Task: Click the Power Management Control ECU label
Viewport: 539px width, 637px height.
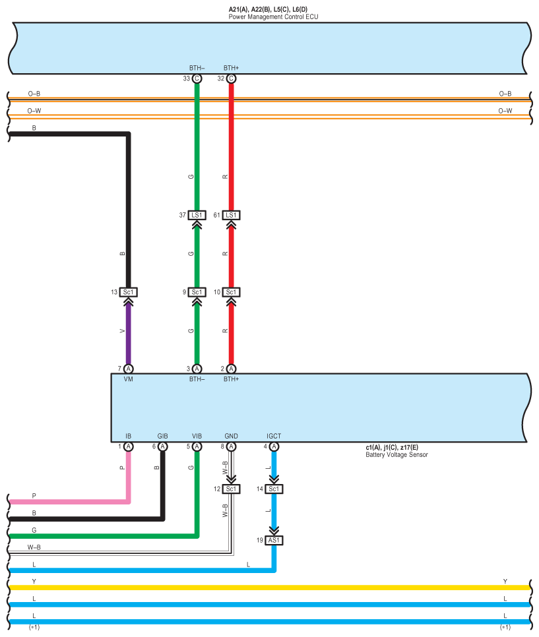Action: click(273, 16)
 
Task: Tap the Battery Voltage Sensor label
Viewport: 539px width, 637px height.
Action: click(396, 454)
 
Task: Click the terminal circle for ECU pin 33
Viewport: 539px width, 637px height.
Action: click(197, 78)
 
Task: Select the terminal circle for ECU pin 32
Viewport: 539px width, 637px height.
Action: click(231, 78)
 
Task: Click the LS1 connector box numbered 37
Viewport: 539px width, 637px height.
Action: click(197, 215)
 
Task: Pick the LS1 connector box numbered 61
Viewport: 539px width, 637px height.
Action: click(231, 215)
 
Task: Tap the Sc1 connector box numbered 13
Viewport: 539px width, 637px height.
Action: click(129, 292)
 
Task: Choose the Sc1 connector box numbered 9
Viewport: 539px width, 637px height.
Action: click(197, 292)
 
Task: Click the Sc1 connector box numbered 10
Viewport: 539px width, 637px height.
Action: click(231, 292)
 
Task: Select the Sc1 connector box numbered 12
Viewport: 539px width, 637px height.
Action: click(231, 489)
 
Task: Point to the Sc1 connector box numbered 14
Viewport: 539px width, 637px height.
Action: click(274, 489)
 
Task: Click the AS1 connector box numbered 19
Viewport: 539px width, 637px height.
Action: click(274, 539)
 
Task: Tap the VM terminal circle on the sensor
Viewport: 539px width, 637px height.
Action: click(129, 369)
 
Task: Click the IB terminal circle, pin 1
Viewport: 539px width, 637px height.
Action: click(129, 446)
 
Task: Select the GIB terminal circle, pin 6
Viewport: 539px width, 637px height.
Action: click(163, 446)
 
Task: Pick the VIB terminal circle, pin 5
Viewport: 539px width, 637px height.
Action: click(197, 446)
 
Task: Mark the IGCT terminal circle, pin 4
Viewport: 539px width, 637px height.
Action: click(274, 446)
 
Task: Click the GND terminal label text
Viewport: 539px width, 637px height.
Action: click(231, 437)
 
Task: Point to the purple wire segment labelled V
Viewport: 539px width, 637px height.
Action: click(129, 333)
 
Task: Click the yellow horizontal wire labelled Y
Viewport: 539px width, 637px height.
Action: click(264, 587)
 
